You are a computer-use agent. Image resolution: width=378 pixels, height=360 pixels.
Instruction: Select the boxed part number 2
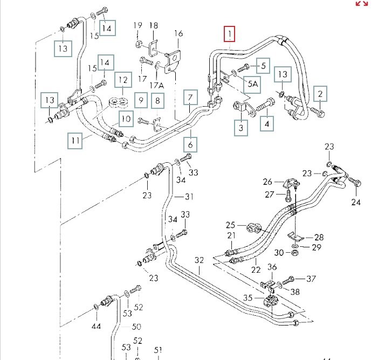(x=320, y=94)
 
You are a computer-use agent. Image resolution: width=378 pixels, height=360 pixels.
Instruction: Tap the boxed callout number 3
(x=241, y=128)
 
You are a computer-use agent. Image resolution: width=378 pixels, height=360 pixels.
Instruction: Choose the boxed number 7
(x=190, y=98)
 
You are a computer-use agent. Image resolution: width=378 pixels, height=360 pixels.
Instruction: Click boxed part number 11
(x=75, y=141)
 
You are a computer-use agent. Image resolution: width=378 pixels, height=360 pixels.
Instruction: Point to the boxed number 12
(x=123, y=81)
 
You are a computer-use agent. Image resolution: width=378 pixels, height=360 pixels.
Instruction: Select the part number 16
(x=178, y=33)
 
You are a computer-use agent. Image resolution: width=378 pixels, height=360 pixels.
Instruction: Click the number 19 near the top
(x=138, y=25)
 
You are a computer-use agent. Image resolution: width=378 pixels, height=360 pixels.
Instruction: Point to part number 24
(x=355, y=202)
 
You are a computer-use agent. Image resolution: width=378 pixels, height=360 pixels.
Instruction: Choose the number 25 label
(x=231, y=225)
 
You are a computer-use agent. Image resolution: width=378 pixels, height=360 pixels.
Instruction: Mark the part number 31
(x=189, y=196)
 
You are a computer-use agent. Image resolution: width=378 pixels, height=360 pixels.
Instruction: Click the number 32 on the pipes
(x=200, y=260)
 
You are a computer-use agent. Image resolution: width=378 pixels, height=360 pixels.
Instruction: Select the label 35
(x=248, y=297)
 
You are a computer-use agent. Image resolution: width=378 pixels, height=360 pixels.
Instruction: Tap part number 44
(x=96, y=326)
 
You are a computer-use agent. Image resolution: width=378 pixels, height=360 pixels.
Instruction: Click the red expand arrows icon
(x=361, y=4)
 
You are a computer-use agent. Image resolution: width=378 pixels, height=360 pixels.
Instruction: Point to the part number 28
(x=319, y=237)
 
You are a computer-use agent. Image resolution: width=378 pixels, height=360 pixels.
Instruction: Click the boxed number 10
(x=126, y=118)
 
